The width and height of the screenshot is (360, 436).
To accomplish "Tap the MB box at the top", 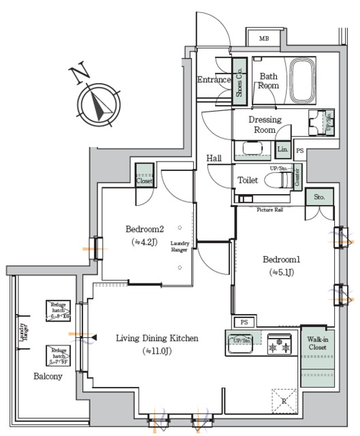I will pos(264,38).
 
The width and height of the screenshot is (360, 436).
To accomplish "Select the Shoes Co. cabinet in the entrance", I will pos(240,81).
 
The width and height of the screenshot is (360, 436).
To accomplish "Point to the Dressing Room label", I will pos(265,125).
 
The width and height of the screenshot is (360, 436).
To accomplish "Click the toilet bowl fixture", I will pos(276,181).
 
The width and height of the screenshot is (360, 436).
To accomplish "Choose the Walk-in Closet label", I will pos(317,343).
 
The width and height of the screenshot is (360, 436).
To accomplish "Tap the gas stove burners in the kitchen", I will pos(278,345).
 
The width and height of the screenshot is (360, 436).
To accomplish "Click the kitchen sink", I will pos(240,345).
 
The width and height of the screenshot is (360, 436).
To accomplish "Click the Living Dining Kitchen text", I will pos(157,338).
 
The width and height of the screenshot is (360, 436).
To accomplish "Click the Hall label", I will pos(214,158).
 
